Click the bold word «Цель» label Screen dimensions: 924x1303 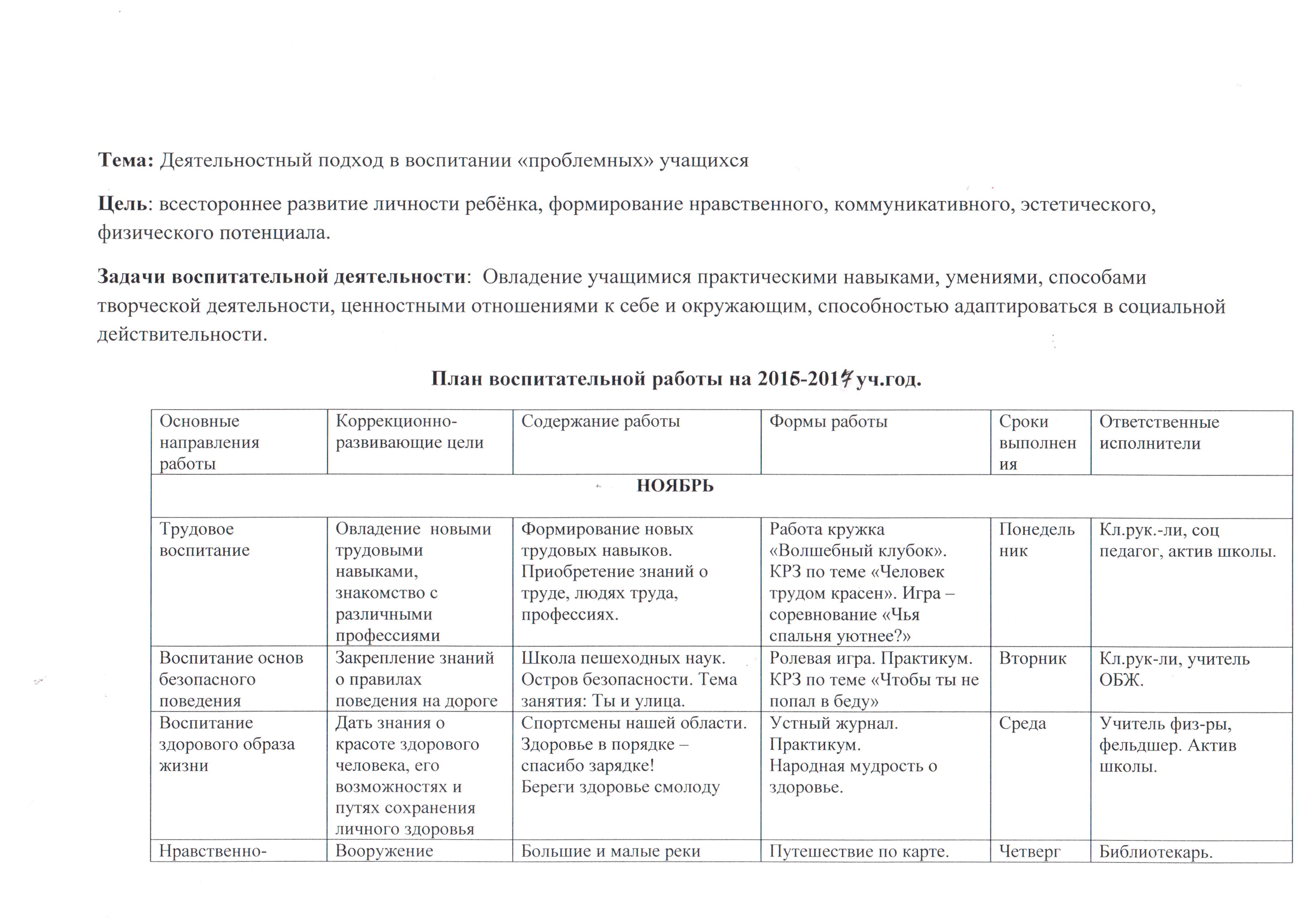pos(122,204)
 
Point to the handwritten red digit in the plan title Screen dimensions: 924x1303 pos(846,379)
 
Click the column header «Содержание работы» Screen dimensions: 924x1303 pos(600,421)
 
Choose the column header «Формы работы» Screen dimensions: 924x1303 pos(828,421)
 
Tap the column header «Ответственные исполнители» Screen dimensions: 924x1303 pos(1159,433)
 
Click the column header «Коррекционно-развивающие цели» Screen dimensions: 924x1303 pos(409,433)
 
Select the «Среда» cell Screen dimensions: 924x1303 pos(1023,724)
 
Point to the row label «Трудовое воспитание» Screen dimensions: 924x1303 pos(204,539)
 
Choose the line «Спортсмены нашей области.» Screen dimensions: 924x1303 pos(634,723)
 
